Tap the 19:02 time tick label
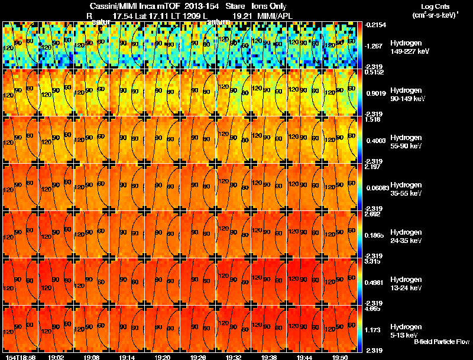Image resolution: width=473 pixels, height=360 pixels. pyautogui.click(x=56, y=356)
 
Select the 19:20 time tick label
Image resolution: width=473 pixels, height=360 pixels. pyautogui.click(x=163, y=356)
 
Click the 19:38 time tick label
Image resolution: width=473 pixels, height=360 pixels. pyautogui.click(x=269, y=356)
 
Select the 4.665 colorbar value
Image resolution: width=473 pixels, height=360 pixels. pyautogui.click(x=373, y=309)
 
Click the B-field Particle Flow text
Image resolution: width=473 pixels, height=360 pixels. pyautogui.click(x=441, y=342)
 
